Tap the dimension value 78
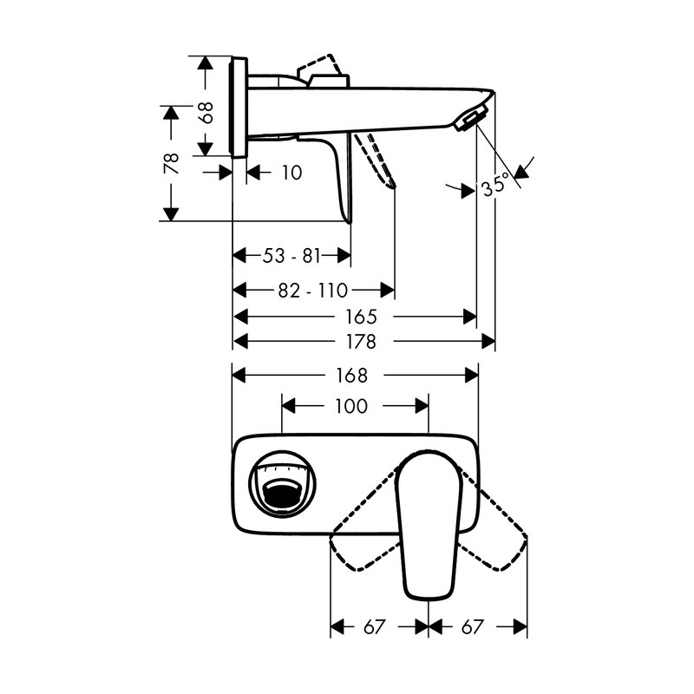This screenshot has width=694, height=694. pyautogui.click(x=172, y=163)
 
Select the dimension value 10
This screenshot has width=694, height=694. pyautogui.click(x=291, y=173)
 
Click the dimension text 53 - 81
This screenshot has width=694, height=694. pyautogui.click(x=291, y=256)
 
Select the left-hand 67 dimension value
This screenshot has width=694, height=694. pyautogui.click(x=374, y=626)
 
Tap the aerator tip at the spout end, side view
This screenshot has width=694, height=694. pyautogui.click(x=469, y=120)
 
